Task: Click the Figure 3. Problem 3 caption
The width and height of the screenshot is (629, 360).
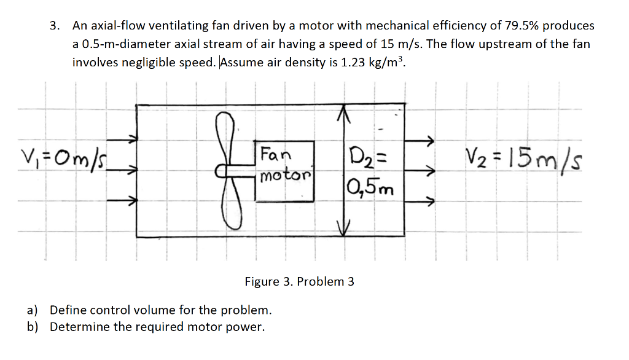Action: tap(299, 282)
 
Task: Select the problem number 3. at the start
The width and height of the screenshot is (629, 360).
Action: tap(56, 26)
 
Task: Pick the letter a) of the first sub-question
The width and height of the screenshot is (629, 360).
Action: tap(33, 310)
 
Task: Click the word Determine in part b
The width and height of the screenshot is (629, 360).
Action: tap(77, 327)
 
